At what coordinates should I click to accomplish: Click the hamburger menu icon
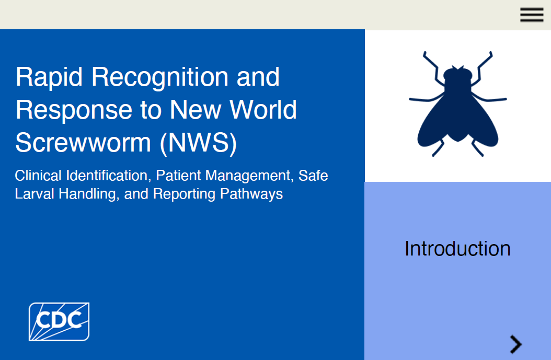pyautogui.click(x=532, y=15)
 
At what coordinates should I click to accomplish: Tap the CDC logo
pyautogui.click(x=59, y=322)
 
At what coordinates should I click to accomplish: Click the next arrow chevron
pyautogui.click(x=516, y=344)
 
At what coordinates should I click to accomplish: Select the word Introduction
pyautogui.click(x=457, y=249)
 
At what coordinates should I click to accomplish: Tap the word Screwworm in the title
pyautogui.click(x=83, y=143)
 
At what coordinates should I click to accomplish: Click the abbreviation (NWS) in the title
pyautogui.click(x=199, y=143)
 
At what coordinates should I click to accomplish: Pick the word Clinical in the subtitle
pyautogui.click(x=38, y=176)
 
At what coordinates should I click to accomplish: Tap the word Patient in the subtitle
pyautogui.click(x=178, y=176)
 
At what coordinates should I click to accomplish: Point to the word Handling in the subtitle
pyautogui.click(x=89, y=194)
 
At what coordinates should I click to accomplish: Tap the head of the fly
pyautogui.click(x=457, y=74)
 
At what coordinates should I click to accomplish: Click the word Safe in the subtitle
pyautogui.click(x=313, y=176)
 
